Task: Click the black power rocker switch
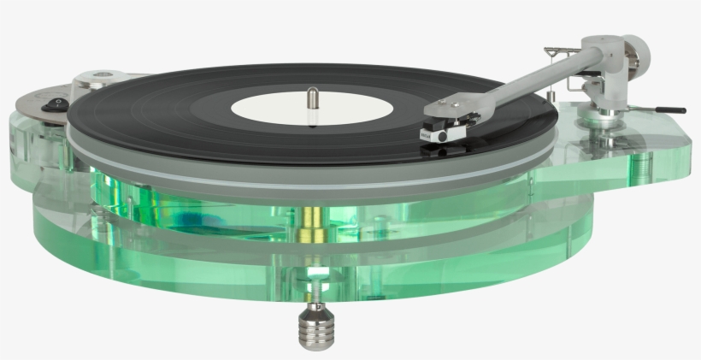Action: [58, 104]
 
